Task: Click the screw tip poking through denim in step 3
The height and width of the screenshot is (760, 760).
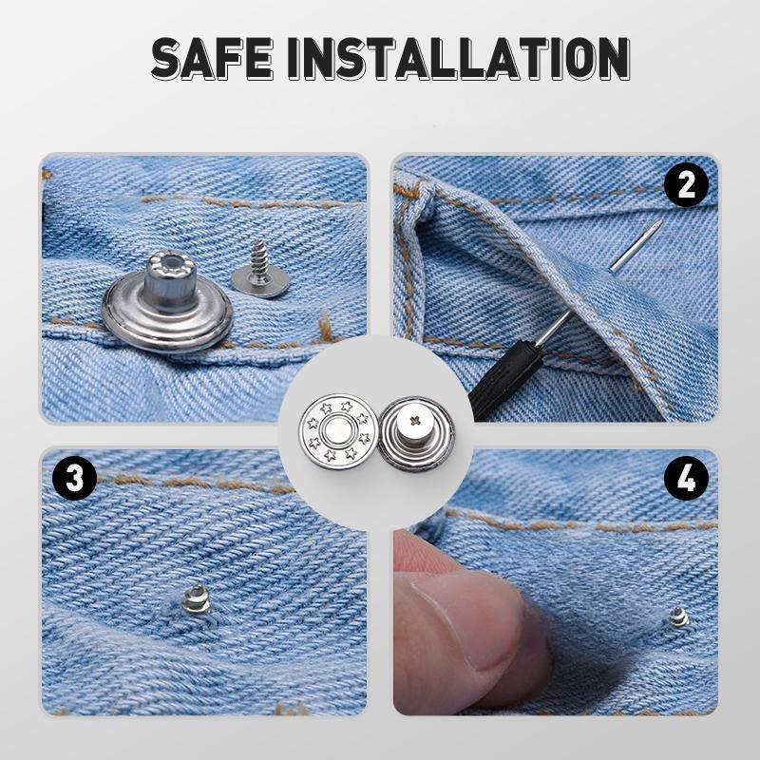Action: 195,598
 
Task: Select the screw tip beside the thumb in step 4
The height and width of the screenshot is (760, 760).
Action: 677,617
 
